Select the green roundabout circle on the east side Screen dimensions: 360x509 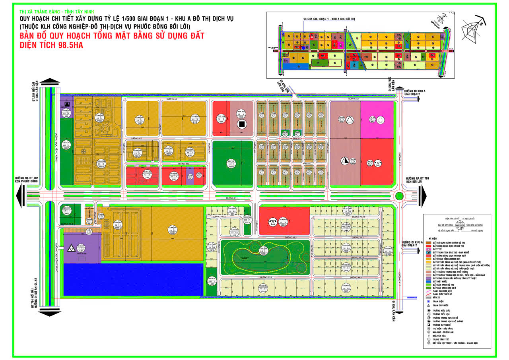pos(399,196)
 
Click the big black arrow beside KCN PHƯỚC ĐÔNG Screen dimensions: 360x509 pos(19,196)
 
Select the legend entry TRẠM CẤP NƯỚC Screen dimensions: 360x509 pos(441,306)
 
